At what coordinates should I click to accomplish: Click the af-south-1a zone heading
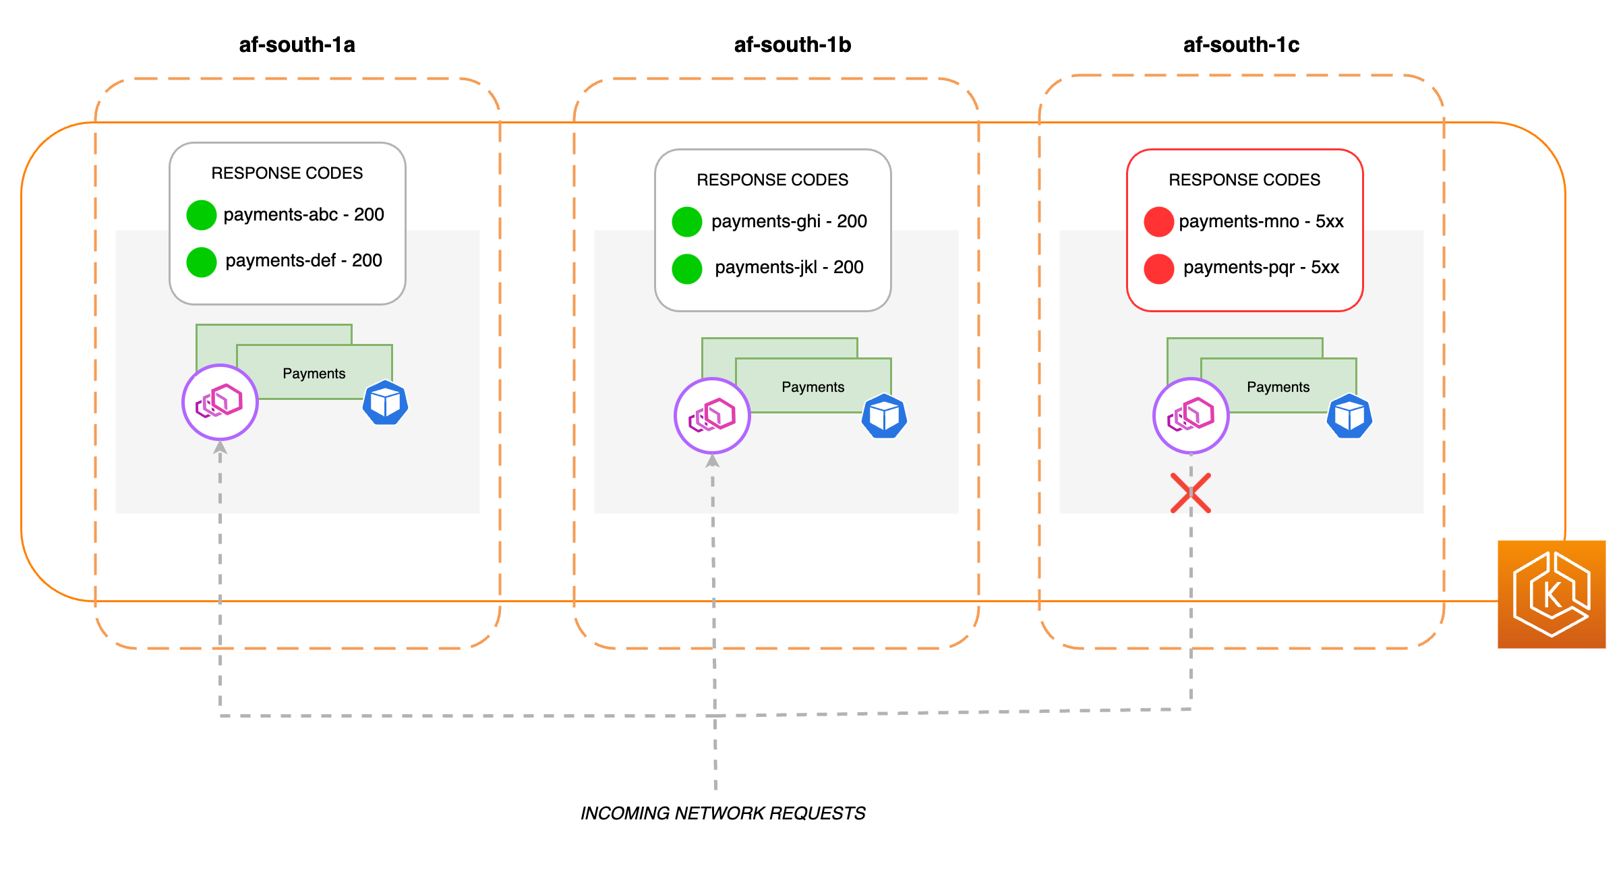297,45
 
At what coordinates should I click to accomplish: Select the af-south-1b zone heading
792,45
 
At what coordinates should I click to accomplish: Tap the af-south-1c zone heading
1241,45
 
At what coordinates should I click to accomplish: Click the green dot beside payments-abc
201,215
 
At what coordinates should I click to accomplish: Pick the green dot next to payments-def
201,262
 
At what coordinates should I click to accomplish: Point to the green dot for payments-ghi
686,222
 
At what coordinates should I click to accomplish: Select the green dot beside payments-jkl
686,268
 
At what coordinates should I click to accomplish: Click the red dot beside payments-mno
1158,222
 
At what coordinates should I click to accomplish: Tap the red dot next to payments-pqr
1158,268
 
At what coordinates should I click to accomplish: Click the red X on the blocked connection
1191,493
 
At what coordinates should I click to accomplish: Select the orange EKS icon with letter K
1552,594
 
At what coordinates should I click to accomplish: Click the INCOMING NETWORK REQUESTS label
723,813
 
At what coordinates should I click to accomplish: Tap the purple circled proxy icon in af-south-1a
220,402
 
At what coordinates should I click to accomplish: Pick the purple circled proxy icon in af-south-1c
1191,415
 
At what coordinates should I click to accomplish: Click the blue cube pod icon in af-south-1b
884,416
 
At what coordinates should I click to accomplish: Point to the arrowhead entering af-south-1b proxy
712,461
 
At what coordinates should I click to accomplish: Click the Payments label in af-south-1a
314,374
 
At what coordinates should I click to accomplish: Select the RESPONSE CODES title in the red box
1244,180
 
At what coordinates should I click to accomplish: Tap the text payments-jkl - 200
789,268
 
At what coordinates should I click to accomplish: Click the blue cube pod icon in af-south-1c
1349,416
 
